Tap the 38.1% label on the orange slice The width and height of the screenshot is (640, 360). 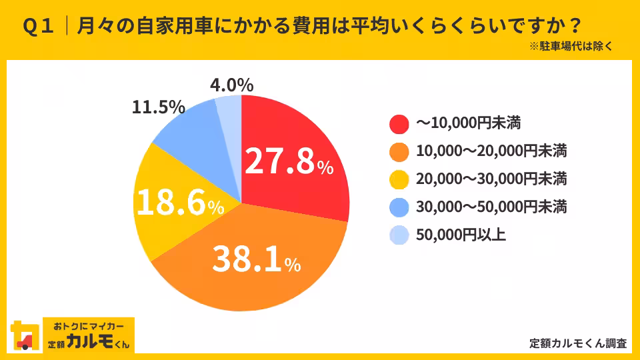tap(256, 259)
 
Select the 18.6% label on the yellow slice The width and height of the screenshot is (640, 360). tap(179, 203)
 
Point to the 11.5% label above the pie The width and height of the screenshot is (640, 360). tap(158, 107)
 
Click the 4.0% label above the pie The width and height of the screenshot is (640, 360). tap(231, 85)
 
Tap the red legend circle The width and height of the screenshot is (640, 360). tap(399, 123)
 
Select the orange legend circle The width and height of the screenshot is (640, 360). tap(399, 151)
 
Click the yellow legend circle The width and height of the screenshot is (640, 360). tap(399, 179)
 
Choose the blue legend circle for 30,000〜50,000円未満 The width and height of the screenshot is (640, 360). tap(399, 207)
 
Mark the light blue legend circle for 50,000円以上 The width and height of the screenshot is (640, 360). tap(399, 235)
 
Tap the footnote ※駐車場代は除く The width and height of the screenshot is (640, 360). tap(571, 47)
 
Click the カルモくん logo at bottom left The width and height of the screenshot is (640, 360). tap(73, 335)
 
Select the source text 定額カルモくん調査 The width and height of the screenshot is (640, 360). tap(578, 343)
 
